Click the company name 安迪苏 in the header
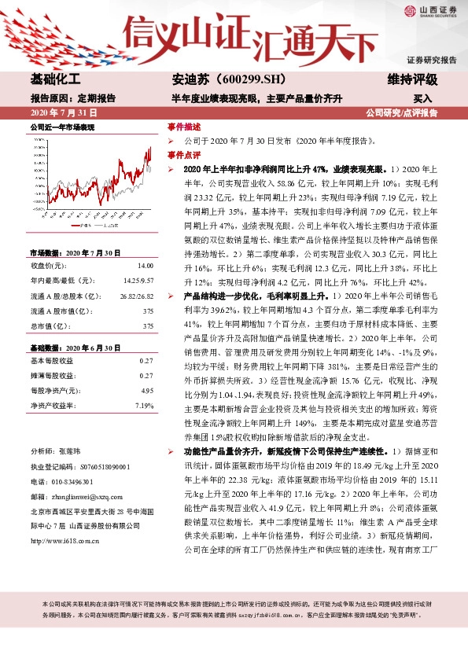(x=190, y=81)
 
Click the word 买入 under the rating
(x=422, y=99)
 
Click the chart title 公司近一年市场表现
(x=62, y=127)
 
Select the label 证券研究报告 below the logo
(x=431, y=61)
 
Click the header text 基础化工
(x=55, y=81)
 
